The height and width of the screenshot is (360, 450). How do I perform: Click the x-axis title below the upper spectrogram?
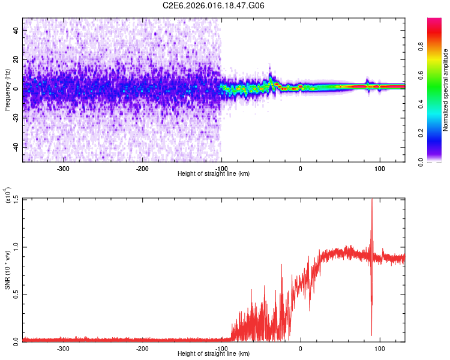pyautogui.click(x=214, y=174)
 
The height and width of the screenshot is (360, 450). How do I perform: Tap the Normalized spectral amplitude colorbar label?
pyautogui.click(x=446, y=90)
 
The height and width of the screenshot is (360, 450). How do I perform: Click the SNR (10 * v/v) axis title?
pyautogui.click(x=8, y=270)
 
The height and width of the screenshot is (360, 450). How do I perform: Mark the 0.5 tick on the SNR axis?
pyautogui.click(x=16, y=294)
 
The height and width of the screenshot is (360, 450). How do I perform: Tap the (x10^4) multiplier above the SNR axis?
pyautogui.click(x=8, y=196)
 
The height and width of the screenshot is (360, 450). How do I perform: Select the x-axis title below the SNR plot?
pyautogui.click(x=214, y=354)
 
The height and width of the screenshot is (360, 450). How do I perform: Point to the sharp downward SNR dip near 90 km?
pyautogui.click(x=371, y=334)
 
